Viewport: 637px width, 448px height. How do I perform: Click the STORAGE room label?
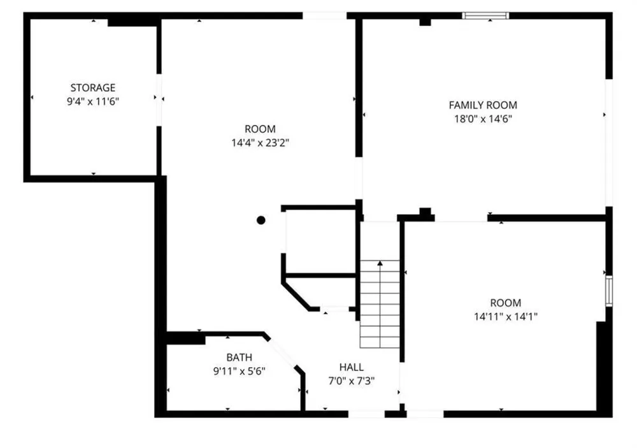[92, 88]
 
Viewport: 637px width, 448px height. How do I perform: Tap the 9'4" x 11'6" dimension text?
[92, 101]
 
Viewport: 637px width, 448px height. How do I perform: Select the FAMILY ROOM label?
[483, 105]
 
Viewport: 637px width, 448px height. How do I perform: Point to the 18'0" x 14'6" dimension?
[483, 119]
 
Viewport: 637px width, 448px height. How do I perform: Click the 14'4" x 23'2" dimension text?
[260, 143]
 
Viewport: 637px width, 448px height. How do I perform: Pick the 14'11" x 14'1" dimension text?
[506, 317]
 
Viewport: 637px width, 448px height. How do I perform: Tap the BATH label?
[240, 358]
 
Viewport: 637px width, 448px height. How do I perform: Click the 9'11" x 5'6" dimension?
[240, 372]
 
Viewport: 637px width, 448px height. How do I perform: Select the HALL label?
[352, 368]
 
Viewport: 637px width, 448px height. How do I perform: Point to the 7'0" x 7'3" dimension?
[352, 381]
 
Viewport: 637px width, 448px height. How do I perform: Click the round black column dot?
[261, 220]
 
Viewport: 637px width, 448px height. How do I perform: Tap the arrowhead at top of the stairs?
[380, 263]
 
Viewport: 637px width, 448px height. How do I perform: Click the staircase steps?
[380, 304]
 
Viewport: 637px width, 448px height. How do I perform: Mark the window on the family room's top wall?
[485, 16]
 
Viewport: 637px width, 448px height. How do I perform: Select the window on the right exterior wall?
[609, 291]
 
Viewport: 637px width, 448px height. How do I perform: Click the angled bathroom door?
[283, 352]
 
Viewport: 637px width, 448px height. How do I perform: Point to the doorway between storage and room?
[159, 100]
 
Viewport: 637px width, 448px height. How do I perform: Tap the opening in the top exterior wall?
[325, 16]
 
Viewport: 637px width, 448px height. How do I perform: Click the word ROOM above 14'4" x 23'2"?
[260, 129]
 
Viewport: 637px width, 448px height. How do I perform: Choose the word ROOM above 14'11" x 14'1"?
[506, 303]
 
